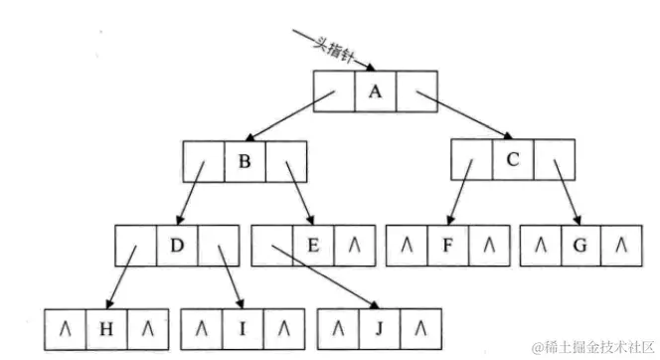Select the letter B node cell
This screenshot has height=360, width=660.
tap(245, 160)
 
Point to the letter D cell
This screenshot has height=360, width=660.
tap(177, 246)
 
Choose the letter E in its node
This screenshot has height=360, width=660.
tap(312, 246)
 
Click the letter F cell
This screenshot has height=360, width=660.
tap(447, 246)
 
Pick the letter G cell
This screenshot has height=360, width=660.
tap(580, 246)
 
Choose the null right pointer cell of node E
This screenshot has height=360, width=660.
tap(354, 246)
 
